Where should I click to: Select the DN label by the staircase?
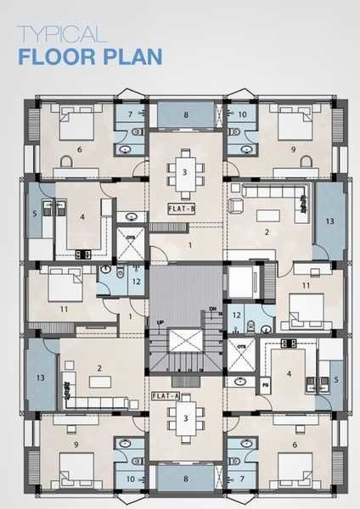pyautogui.click(x=213, y=308)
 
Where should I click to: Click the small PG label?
pyautogui.click(x=264, y=383)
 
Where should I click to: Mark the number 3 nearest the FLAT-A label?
pyautogui.click(x=184, y=417)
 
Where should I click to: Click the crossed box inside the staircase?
pyautogui.click(x=184, y=343)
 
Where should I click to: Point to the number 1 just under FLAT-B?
pyautogui.click(x=189, y=245)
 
